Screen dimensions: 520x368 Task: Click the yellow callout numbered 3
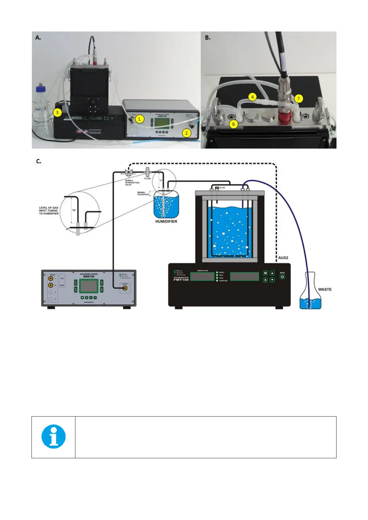tap(57, 113)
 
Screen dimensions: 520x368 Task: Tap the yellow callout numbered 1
tap(140, 119)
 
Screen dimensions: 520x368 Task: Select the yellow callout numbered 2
tap(186, 133)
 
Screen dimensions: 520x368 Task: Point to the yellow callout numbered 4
tap(253, 97)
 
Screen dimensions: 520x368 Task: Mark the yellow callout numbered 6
tap(234, 124)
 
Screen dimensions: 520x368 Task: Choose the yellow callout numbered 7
tap(298, 99)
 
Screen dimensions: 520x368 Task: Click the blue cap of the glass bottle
tap(40, 89)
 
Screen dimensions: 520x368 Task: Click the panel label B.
tap(208, 38)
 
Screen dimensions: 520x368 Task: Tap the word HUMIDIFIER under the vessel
tap(166, 221)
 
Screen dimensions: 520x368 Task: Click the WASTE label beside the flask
tap(324, 289)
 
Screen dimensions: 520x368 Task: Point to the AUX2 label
tap(283, 258)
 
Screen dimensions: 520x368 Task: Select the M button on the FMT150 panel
tap(265, 273)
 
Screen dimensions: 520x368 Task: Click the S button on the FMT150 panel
tap(265, 280)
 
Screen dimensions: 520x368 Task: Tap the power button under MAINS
tap(282, 277)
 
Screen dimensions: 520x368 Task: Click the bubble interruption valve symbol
tap(129, 172)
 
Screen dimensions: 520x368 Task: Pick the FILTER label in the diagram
tap(147, 178)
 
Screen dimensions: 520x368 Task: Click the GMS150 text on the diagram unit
tap(89, 277)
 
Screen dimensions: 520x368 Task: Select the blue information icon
tap(53, 436)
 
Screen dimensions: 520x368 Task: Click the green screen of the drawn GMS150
tap(89, 286)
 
